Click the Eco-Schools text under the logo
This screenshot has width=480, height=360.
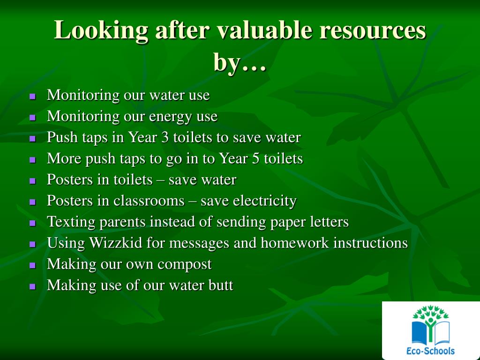click(x=430, y=350)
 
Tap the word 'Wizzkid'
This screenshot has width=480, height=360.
click(x=116, y=243)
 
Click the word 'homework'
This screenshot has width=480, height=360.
click(x=294, y=243)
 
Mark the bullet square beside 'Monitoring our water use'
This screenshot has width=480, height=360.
click(x=33, y=97)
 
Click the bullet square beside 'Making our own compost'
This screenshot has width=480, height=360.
click(x=33, y=265)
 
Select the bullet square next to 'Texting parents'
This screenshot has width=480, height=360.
click(x=33, y=223)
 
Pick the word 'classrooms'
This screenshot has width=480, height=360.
click(x=149, y=201)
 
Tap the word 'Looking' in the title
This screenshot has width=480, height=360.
click(x=101, y=31)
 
